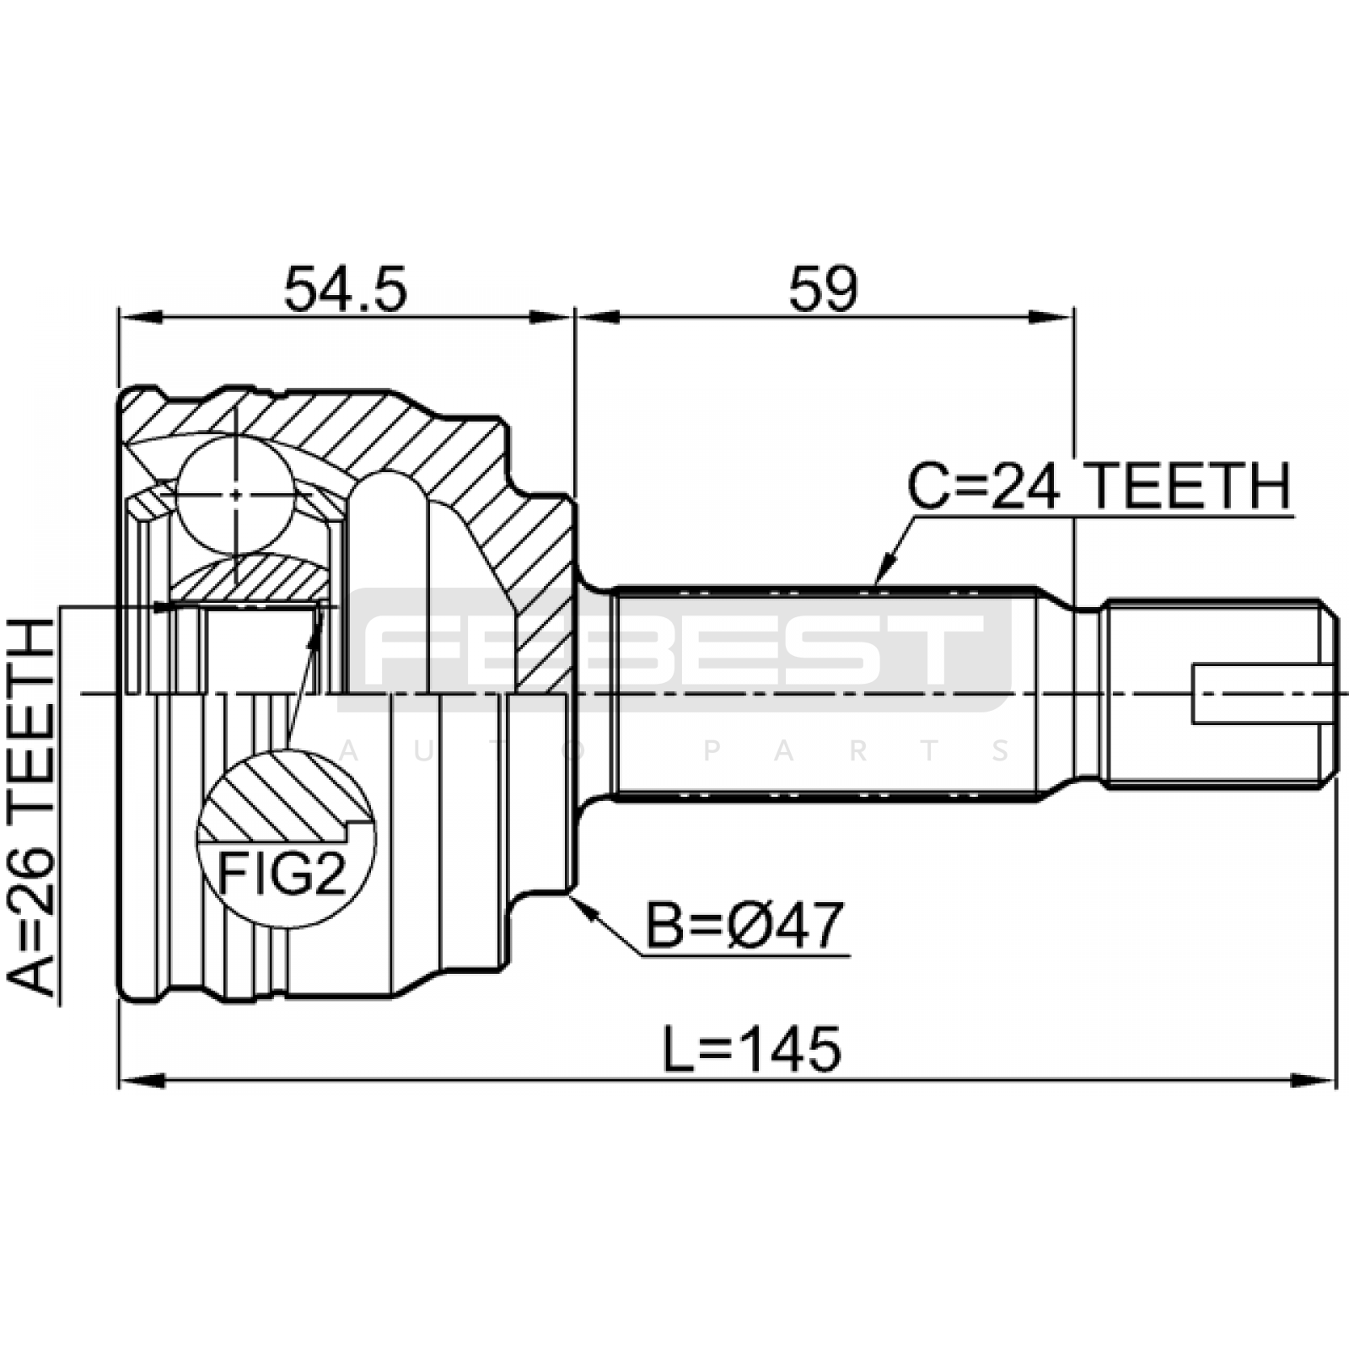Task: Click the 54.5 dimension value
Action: coord(346,288)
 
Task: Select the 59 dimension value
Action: coord(823,288)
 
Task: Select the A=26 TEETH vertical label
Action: coord(31,807)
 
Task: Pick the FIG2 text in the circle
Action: coord(282,874)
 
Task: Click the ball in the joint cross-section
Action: coord(236,494)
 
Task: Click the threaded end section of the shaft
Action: coord(1220,693)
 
